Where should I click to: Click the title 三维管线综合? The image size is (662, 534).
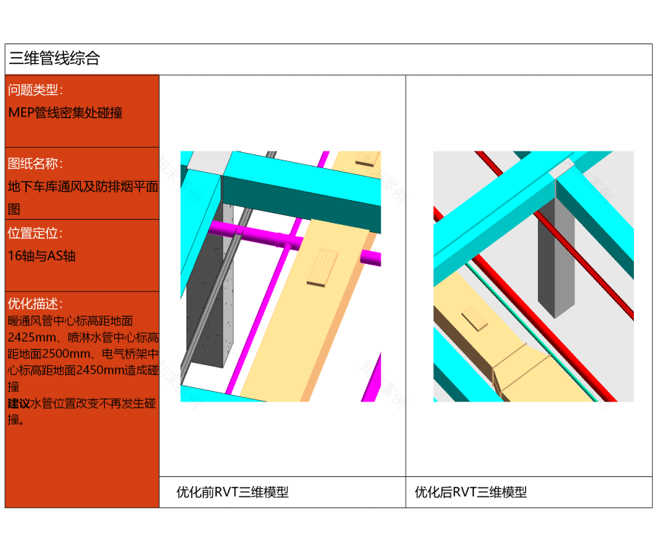pyautogui.click(x=54, y=59)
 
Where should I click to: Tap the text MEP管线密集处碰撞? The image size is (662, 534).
pyautogui.click(x=65, y=113)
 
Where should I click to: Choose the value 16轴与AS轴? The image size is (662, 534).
pyautogui.click(x=42, y=256)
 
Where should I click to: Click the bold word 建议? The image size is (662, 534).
pyautogui.click(x=19, y=403)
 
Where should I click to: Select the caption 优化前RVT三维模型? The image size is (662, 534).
pyautogui.click(x=232, y=492)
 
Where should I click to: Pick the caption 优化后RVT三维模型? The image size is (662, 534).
pyautogui.click(x=470, y=492)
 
